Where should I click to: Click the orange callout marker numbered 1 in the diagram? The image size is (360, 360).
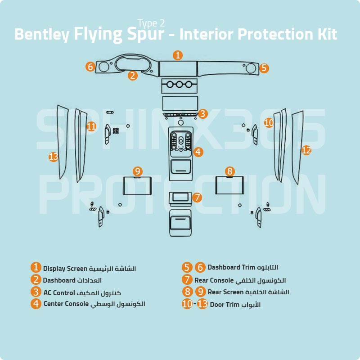pos(178,55)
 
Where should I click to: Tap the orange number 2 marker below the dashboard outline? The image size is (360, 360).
pos(132,76)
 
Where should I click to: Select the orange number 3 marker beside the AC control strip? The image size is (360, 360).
pos(203,114)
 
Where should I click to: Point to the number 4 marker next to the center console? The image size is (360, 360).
pos(198,152)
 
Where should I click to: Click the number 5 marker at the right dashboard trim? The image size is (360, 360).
pos(264,68)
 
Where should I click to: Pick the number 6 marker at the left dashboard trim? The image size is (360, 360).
pos(90,67)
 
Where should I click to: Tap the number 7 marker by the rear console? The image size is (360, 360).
pos(197,198)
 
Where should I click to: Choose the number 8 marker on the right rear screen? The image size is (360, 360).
pos(230,171)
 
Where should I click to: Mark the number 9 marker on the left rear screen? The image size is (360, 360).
pos(138,171)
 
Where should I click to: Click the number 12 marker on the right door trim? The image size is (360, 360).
pos(306,150)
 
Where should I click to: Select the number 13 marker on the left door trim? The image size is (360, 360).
pos(54,157)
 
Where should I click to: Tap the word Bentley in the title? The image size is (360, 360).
pos(40,34)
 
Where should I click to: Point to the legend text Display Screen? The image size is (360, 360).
pos(65,269)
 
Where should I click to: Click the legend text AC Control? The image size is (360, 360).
pos(59,292)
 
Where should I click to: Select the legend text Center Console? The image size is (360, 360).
pos(66,304)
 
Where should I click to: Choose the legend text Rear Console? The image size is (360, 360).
pos(214,280)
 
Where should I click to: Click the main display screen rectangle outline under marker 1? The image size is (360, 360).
pos(178,69)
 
